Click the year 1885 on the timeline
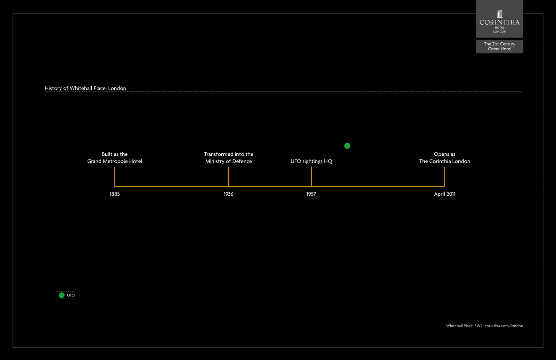pyautogui.click(x=115, y=194)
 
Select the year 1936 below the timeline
pyautogui.click(x=229, y=194)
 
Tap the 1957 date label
pyautogui.click(x=311, y=194)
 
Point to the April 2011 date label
pyautogui.click(x=444, y=194)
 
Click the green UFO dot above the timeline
pyautogui.click(x=347, y=146)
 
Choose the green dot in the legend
pyautogui.click(x=62, y=295)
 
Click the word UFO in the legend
pyautogui.click(x=71, y=295)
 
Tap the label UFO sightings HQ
pyautogui.click(x=311, y=161)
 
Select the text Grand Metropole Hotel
pyautogui.click(x=115, y=161)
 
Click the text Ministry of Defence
pyautogui.click(x=229, y=161)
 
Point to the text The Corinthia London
pyautogui.click(x=444, y=161)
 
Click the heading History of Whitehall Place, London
pyautogui.click(x=85, y=88)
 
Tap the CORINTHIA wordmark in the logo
pyautogui.click(x=499, y=23)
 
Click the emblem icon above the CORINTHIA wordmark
pyautogui.click(x=500, y=14)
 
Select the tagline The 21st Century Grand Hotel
pyautogui.click(x=499, y=46)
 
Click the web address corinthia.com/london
pyautogui.click(x=504, y=326)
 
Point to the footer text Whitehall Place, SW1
pyautogui.click(x=464, y=326)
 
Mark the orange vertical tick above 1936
pyautogui.click(x=229, y=177)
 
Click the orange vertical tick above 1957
pyautogui.click(x=311, y=177)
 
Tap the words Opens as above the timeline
pyautogui.click(x=444, y=154)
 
